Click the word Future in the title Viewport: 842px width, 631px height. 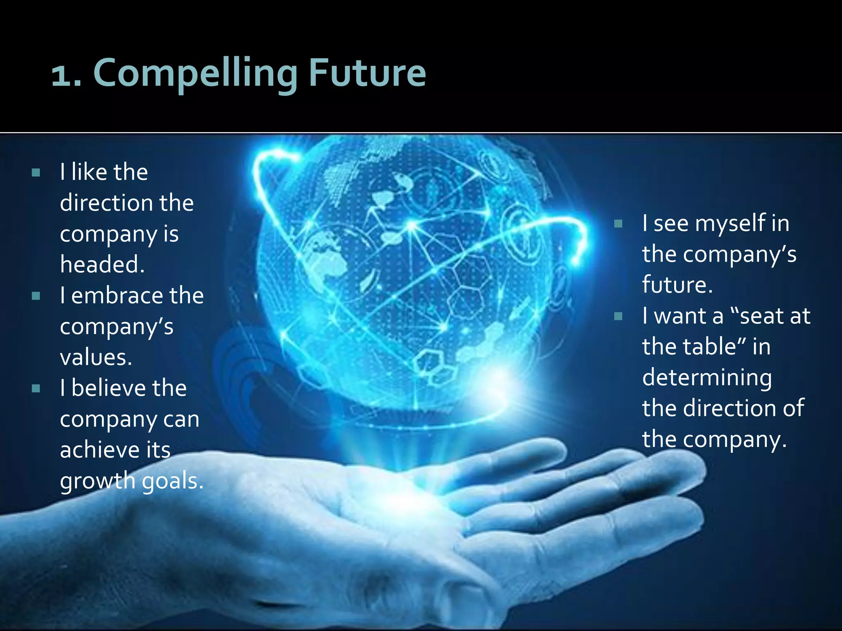[368, 73]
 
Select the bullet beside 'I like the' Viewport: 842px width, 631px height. [36, 173]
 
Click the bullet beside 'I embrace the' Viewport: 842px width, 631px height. [36, 296]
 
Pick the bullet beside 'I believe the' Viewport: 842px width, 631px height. [36, 389]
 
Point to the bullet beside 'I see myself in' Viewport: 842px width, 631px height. [618, 224]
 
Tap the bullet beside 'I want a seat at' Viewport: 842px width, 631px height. [618, 316]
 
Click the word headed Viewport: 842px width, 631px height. [102, 264]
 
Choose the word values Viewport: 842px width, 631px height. [96, 357]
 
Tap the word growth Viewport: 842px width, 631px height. [97, 481]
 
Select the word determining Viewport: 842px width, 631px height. [707, 378]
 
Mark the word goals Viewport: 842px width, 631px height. [172, 481]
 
